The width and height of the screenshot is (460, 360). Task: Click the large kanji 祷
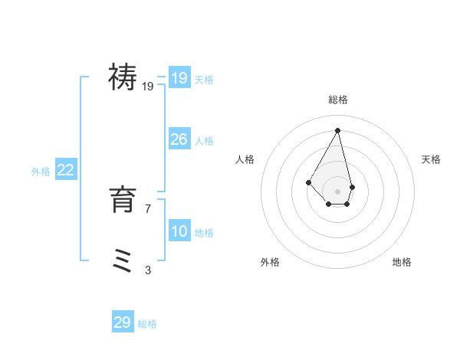(123, 77)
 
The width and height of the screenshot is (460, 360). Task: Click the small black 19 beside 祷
(148, 87)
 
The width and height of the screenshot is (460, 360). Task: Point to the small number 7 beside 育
(148, 208)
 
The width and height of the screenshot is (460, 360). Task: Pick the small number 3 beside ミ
(148, 270)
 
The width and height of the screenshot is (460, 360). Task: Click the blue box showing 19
(179, 78)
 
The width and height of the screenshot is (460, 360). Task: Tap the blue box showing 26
(179, 139)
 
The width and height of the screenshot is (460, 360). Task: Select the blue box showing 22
(65, 171)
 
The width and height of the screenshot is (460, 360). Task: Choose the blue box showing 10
(179, 231)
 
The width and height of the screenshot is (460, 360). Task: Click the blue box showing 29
(122, 322)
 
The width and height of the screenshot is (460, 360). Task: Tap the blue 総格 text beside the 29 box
(147, 324)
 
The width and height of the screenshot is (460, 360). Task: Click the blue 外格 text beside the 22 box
(41, 172)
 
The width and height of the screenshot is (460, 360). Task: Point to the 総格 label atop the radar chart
(338, 100)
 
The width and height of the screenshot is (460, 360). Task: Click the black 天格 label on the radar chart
(432, 159)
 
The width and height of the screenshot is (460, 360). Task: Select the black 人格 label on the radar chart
(245, 159)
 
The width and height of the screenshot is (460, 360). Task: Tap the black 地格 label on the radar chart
(402, 262)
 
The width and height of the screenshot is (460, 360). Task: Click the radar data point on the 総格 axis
(338, 129)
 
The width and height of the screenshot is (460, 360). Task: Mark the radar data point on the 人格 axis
(308, 182)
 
